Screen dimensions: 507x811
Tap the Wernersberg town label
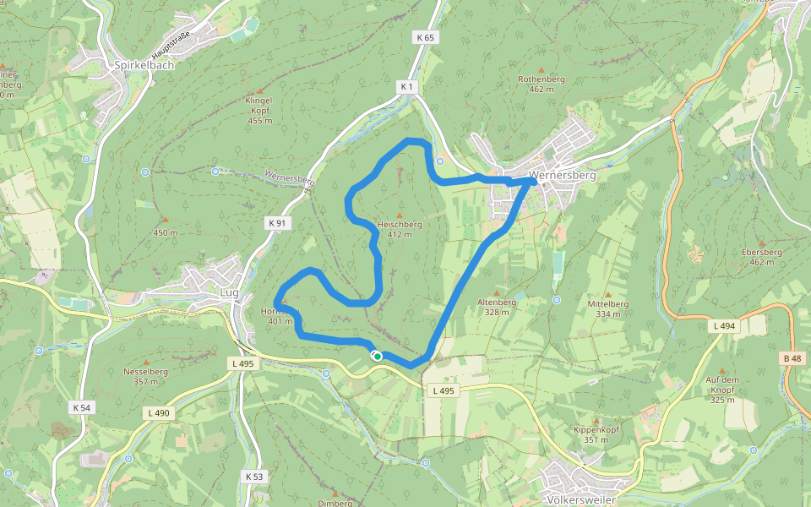(562, 176)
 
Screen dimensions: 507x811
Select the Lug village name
(229, 292)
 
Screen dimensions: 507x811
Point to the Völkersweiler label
(581, 499)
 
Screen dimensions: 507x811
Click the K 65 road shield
(425, 38)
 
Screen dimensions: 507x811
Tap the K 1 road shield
(407, 87)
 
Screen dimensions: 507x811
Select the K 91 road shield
(277, 223)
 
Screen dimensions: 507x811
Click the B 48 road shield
(792, 359)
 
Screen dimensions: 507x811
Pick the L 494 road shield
(724, 325)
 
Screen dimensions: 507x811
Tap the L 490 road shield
(158, 413)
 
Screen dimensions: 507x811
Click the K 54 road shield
(81, 408)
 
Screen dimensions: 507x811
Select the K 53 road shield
(254, 477)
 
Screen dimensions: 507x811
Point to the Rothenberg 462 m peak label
(541, 84)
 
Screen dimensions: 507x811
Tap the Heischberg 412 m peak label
(399, 229)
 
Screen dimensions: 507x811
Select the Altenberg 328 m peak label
(497, 306)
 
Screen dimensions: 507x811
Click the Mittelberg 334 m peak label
(608, 308)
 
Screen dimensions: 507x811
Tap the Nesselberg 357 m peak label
(146, 375)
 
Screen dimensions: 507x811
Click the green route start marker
(377, 357)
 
